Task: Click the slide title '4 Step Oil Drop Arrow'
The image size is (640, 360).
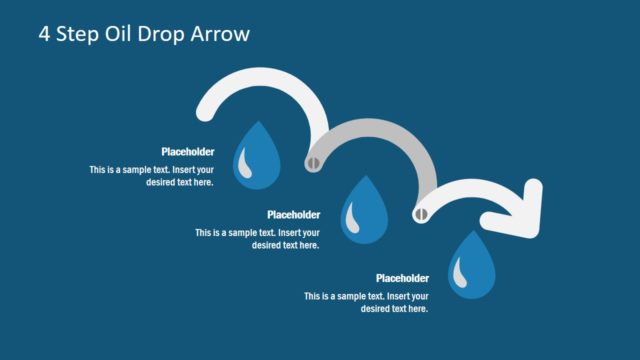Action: (144, 34)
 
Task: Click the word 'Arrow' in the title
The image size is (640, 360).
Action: (222, 34)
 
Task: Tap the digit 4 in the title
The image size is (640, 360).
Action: (45, 34)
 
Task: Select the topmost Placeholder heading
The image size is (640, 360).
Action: (188, 152)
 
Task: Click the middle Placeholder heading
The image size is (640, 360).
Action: (294, 215)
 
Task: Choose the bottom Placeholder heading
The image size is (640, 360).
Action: (402, 278)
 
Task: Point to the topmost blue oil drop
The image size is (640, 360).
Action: (257, 155)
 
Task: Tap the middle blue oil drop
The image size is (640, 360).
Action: (364, 210)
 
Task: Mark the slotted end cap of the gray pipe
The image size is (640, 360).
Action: (314, 159)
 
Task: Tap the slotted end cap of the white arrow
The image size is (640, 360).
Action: (421, 212)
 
